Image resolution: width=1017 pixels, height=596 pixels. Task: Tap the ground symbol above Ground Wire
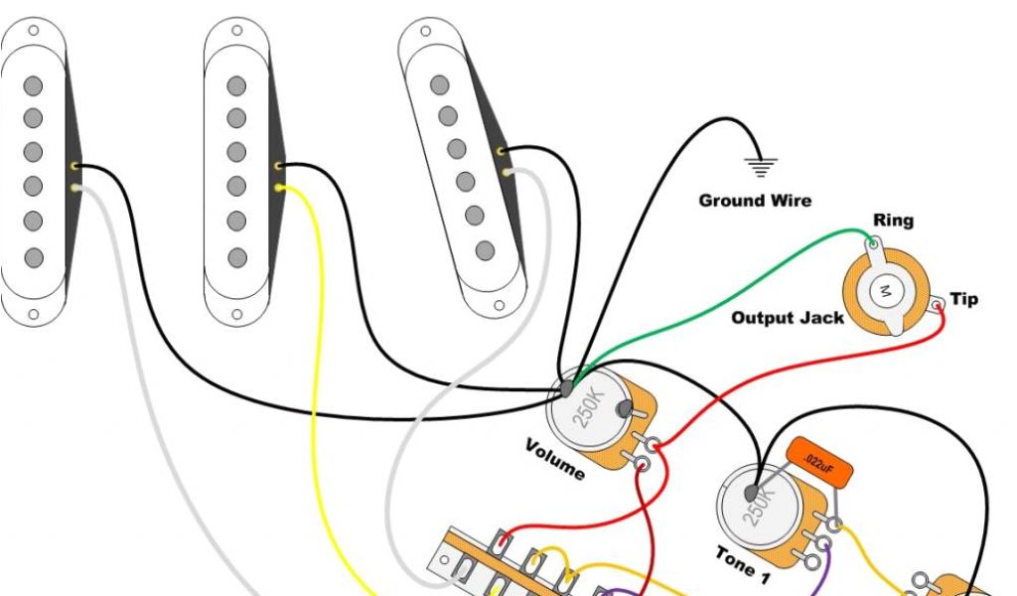762,166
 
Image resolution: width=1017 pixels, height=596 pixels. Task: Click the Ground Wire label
755,201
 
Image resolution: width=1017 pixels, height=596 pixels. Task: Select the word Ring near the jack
893,221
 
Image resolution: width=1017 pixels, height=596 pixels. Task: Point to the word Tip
963,299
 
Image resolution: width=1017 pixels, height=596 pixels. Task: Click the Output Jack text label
788,318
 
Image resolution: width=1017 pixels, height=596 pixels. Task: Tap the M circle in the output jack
884,291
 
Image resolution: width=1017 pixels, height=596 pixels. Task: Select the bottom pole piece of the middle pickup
236,257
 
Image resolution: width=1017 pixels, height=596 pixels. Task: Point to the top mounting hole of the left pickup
34,30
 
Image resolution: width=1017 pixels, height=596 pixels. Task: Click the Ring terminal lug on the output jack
871,241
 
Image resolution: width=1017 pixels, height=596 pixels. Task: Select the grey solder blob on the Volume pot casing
567,388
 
